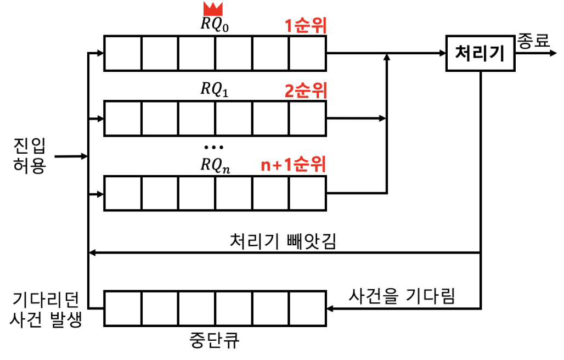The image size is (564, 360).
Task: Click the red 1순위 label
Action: coord(306,26)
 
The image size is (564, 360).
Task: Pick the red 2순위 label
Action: coord(306,91)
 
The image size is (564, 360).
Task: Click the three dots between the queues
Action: coord(213,147)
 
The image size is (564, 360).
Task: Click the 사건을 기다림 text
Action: coord(402,296)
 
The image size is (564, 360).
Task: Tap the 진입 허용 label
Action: coord(30,155)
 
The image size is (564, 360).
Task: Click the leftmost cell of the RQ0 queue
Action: coord(123,54)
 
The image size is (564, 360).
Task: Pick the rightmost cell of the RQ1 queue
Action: coord(307,118)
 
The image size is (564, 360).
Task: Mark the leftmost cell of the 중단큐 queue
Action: coord(123,309)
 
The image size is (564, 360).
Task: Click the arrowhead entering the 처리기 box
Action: coord(442,54)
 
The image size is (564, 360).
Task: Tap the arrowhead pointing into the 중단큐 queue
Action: coord(331,309)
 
